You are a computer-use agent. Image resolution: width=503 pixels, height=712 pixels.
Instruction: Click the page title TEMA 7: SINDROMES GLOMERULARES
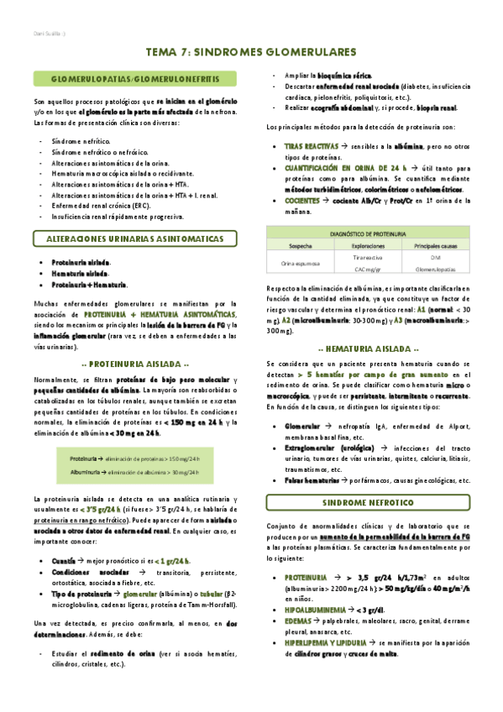point(251,51)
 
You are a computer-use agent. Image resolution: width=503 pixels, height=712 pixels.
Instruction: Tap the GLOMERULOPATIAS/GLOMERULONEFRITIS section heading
point(135,78)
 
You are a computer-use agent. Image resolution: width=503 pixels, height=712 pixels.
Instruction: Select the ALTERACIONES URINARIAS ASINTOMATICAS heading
point(135,239)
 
